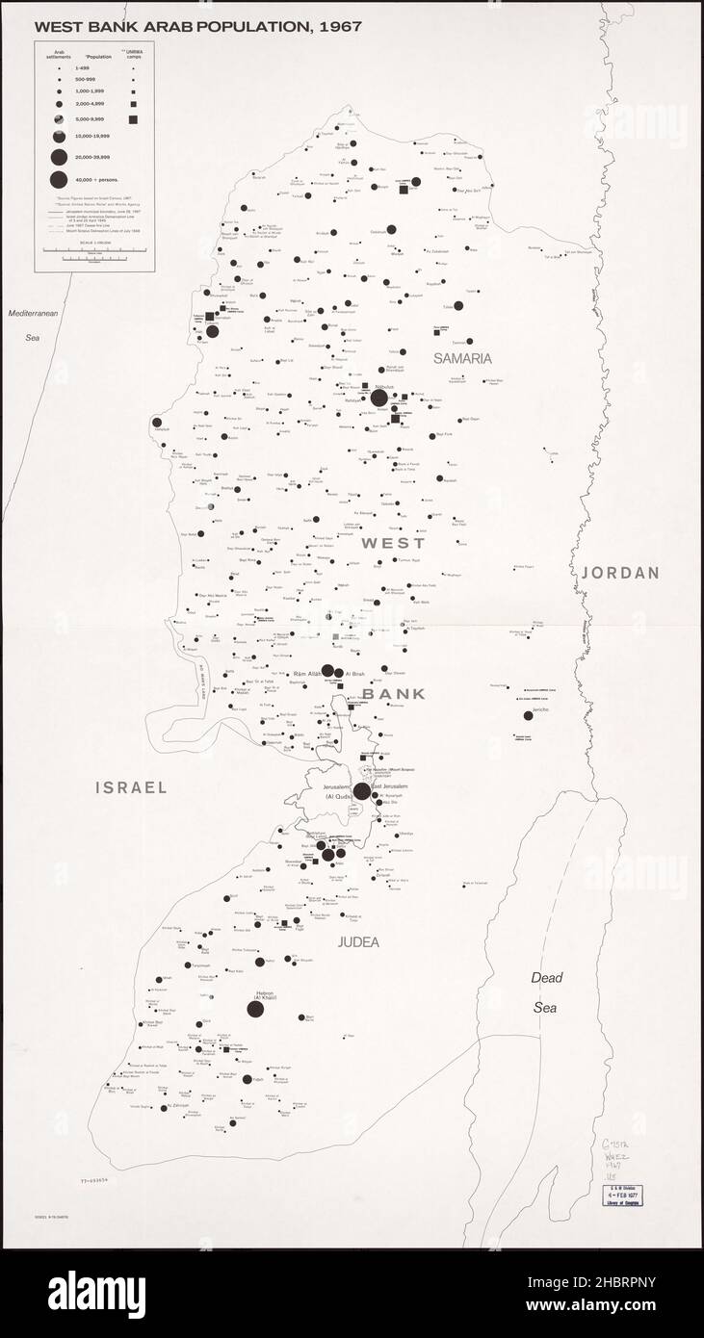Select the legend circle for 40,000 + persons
click(x=58, y=179)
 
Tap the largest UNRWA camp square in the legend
click(x=134, y=119)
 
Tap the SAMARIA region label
click(x=462, y=358)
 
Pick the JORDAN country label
click(x=620, y=573)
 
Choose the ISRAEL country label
click(x=131, y=787)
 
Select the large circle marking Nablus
click(x=379, y=398)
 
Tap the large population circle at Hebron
click(x=255, y=1009)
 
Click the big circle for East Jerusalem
click(x=362, y=791)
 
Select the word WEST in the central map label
click(x=392, y=544)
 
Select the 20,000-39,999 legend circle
click(x=58, y=158)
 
